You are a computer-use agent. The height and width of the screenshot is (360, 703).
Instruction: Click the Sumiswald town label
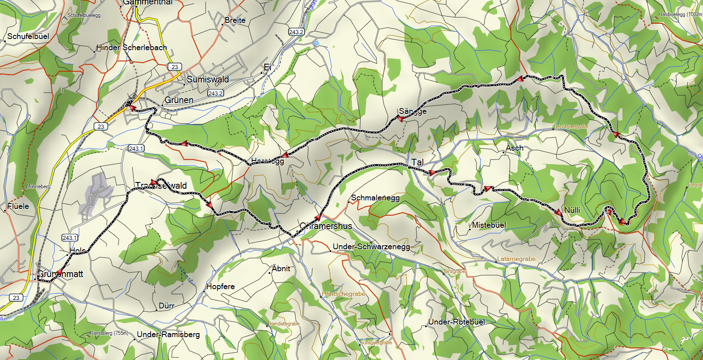(x=208, y=80)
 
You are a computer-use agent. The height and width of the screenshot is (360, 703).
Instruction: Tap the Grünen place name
(x=179, y=100)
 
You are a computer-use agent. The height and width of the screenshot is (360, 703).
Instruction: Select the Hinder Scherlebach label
(x=131, y=48)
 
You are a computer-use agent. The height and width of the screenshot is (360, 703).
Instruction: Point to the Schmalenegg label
(x=375, y=198)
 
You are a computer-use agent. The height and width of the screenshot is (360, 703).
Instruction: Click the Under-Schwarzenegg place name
(x=371, y=247)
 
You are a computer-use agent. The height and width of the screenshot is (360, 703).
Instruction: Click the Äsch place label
(x=514, y=148)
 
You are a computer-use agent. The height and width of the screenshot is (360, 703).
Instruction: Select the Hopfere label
(x=220, y=287)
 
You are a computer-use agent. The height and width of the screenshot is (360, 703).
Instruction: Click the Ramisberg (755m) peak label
(x=109, y=333)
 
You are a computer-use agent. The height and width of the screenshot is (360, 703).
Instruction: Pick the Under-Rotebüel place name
(x=456, y=322)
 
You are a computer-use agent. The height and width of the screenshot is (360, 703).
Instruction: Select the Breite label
(x=235, y=21)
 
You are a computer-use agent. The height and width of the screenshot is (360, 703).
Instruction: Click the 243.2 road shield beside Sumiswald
(x=216, y=93)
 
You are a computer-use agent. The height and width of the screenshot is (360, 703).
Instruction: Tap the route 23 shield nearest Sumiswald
(x=174, y=66)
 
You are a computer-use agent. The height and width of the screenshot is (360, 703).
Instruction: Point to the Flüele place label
(x=18, y=207)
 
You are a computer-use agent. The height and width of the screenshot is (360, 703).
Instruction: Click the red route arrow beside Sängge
(x=397, y=119)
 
